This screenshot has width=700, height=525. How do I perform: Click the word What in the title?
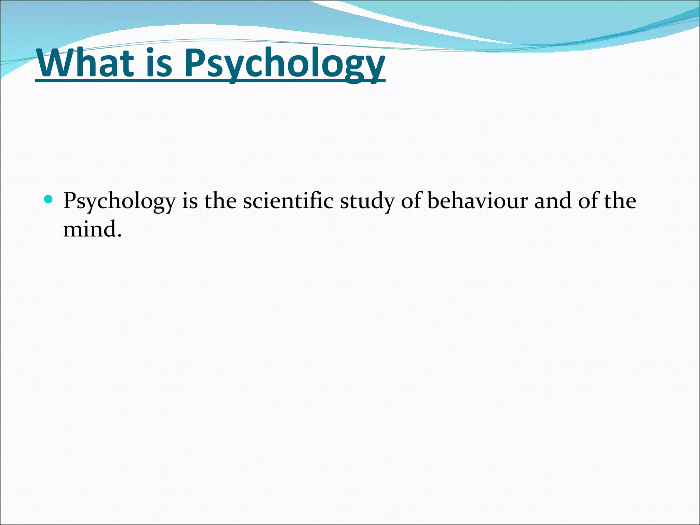85,63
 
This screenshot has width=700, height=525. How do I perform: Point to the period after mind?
119,236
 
